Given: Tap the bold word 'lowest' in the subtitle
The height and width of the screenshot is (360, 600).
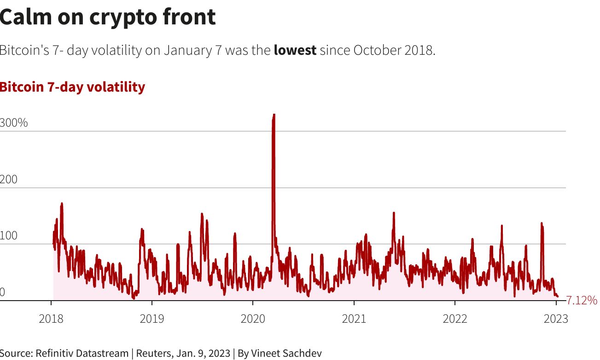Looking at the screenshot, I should [295, 50].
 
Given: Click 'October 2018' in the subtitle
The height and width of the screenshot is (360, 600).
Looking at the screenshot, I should [394, 50].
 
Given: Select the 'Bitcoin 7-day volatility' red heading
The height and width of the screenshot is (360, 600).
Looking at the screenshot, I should [72, 87].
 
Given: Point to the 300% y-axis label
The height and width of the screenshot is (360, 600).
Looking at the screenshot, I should [14, 123].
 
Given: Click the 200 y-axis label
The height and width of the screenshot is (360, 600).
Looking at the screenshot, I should [8, 180].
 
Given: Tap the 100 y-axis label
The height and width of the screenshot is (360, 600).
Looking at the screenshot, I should [8, 236].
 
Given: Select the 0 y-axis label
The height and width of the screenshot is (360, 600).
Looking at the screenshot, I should [2, 292].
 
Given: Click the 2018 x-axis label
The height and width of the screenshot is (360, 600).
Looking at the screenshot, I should [51, 319].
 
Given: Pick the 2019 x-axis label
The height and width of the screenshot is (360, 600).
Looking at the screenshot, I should [151, 319].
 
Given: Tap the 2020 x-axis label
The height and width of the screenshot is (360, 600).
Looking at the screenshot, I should [253, 319].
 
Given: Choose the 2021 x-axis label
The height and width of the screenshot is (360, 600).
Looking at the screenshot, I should [354, 319].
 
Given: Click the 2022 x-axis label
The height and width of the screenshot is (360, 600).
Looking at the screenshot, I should [455, 319].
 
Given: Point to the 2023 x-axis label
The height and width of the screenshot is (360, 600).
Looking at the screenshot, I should [556, 319].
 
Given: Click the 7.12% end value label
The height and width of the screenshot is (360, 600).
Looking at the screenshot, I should [582, 301].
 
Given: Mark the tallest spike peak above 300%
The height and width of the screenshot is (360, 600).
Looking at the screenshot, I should [274, 115].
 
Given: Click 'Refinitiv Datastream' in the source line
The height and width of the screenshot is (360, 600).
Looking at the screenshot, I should [82, 354].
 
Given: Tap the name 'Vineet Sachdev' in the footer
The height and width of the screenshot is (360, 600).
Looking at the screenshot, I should [286, 354].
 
